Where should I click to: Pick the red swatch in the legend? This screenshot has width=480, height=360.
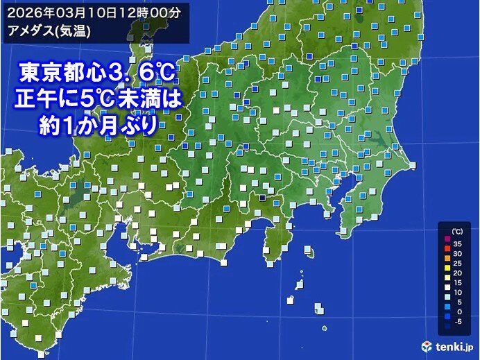447,254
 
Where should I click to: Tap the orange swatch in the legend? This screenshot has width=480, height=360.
447,264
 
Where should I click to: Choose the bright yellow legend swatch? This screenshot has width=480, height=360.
447,274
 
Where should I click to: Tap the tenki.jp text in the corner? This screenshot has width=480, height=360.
454,345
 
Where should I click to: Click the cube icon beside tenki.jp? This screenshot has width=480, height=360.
427,345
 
